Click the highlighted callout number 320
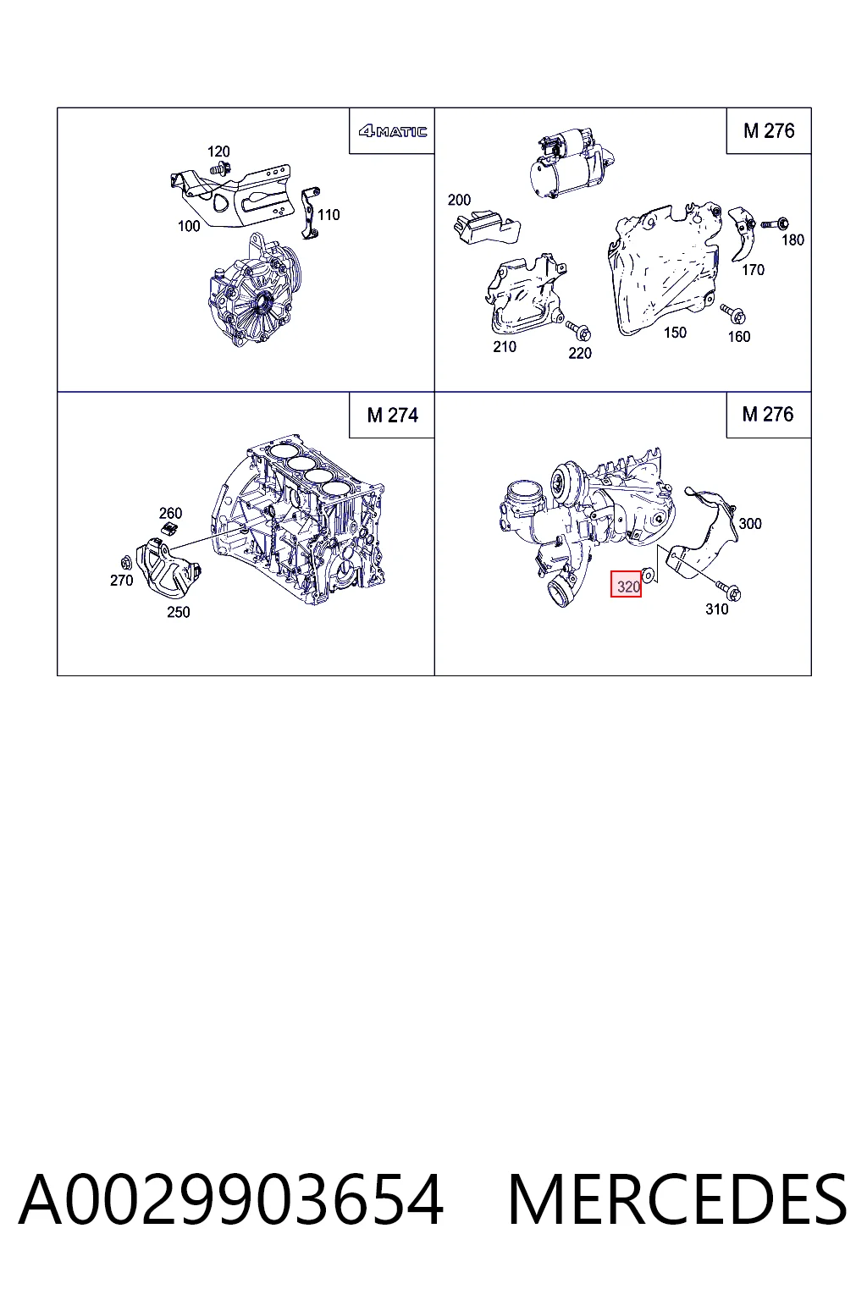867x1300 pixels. point(626,584)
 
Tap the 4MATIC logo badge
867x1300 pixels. point(393,132)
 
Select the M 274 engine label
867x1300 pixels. point(393,416)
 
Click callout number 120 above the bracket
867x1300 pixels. point(219,151)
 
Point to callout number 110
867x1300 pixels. point(329,215)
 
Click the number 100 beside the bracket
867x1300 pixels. point(189,226)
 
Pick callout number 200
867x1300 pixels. point(459,201)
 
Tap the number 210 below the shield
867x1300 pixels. point(505,347)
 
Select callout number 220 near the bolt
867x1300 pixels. point(580,354)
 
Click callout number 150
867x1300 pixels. point(676,333)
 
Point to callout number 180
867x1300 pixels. point(793,240)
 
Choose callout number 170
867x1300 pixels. point(754,270)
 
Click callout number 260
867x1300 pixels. point(171,514)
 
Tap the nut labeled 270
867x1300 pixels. point(124,562)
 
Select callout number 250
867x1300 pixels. point(179,612)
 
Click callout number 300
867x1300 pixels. point(750,524)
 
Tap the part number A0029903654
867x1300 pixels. point(231,1199)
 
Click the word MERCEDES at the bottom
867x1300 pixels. point(677,1199)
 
